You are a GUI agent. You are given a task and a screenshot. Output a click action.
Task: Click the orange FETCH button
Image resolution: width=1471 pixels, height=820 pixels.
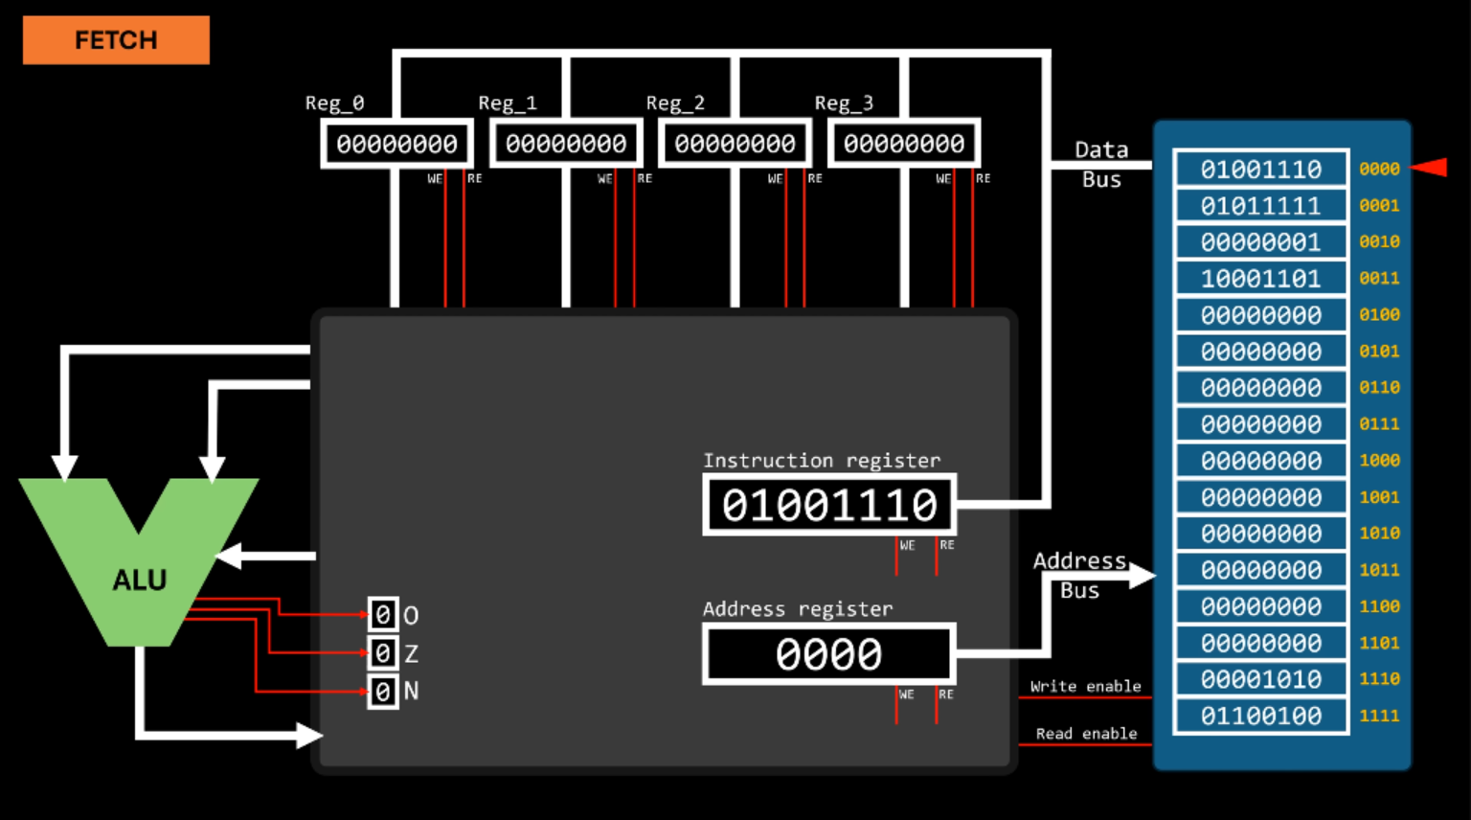click(x=116, y=40)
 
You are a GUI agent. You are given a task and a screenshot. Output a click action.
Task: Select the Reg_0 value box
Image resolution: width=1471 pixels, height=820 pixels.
click(x=396, y=144)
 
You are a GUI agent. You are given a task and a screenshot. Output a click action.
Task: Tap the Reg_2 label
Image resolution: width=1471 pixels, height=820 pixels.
click(x=675, y=102)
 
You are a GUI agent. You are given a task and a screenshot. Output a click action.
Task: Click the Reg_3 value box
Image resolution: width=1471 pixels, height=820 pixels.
click(x=903, y=144)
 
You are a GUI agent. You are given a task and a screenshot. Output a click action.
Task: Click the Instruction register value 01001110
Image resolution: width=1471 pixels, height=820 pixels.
click(x=829, y=505)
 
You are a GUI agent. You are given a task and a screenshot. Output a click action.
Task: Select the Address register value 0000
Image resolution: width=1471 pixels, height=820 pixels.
click(x=829, y=654)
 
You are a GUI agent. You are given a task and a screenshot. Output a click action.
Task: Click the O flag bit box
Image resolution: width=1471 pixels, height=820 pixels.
click(x=383, y=614)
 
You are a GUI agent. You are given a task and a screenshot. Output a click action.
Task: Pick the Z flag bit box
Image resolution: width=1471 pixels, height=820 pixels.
click(x=383, y=653)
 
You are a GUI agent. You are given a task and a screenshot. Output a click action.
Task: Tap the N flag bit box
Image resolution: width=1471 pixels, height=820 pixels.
click(x=383, y=691)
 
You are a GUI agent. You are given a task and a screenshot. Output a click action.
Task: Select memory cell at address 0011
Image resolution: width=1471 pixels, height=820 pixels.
click(x=1260, y=279)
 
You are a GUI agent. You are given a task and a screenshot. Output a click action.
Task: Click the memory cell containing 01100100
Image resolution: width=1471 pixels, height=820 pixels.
click(x=1260, y=716)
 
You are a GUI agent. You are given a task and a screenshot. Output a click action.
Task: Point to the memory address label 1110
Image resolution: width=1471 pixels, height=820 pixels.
click(x=1379, y=679)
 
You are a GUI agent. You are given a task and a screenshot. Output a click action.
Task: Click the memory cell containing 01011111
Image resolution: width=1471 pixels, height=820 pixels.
click(x=1260, y=206)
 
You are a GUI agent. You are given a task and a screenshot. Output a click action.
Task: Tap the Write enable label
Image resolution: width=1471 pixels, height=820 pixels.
click(x=1085, y=686)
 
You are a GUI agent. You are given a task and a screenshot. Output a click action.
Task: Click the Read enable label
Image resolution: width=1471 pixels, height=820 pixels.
click(x=1086, y=734)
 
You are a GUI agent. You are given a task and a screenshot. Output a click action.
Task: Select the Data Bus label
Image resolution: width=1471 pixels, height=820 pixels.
click(x=1101, y=164)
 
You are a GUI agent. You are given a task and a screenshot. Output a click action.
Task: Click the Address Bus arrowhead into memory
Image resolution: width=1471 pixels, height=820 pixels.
click(x=1143, y=575)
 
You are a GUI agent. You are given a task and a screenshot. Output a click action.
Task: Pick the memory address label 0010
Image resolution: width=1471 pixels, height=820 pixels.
click(x=1379, y=242)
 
